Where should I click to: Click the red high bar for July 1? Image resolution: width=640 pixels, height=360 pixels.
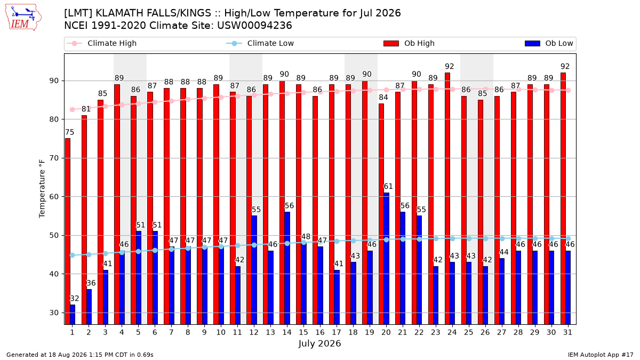(68, 231)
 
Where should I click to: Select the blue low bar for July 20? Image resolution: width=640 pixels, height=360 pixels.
(386, 258)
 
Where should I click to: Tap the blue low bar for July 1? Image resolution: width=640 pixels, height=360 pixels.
(73, 314)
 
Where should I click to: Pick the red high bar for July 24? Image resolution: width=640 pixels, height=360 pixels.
(447, 198)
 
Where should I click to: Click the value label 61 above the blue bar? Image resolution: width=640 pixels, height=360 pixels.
(388, 186)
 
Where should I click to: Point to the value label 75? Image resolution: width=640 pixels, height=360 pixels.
(69, 132)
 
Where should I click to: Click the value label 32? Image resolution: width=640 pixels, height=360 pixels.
(74, 299)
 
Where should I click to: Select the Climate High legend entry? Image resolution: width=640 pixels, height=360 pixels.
(102, 43)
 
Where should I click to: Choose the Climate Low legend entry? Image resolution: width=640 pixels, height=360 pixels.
(260, 43)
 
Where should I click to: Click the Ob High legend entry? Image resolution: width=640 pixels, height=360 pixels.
(409, 43)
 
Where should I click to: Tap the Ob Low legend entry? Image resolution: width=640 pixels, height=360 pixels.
(549, 43)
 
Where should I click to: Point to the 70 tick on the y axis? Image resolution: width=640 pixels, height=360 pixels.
(54, 158)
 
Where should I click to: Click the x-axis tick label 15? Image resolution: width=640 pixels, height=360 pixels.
(303, 332)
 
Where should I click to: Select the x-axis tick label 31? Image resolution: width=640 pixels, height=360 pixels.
(567, 332)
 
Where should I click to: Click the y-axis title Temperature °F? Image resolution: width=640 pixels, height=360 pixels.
(42, 189)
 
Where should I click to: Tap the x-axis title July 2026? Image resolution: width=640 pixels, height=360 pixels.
(319, 343)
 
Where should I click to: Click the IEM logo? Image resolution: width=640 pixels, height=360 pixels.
(23, 18)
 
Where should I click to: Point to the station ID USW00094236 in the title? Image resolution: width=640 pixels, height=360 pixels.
(254, 26)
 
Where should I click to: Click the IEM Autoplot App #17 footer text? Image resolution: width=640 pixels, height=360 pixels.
(601, 355)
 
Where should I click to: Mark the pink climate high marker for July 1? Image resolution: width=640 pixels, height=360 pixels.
(73, 110)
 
